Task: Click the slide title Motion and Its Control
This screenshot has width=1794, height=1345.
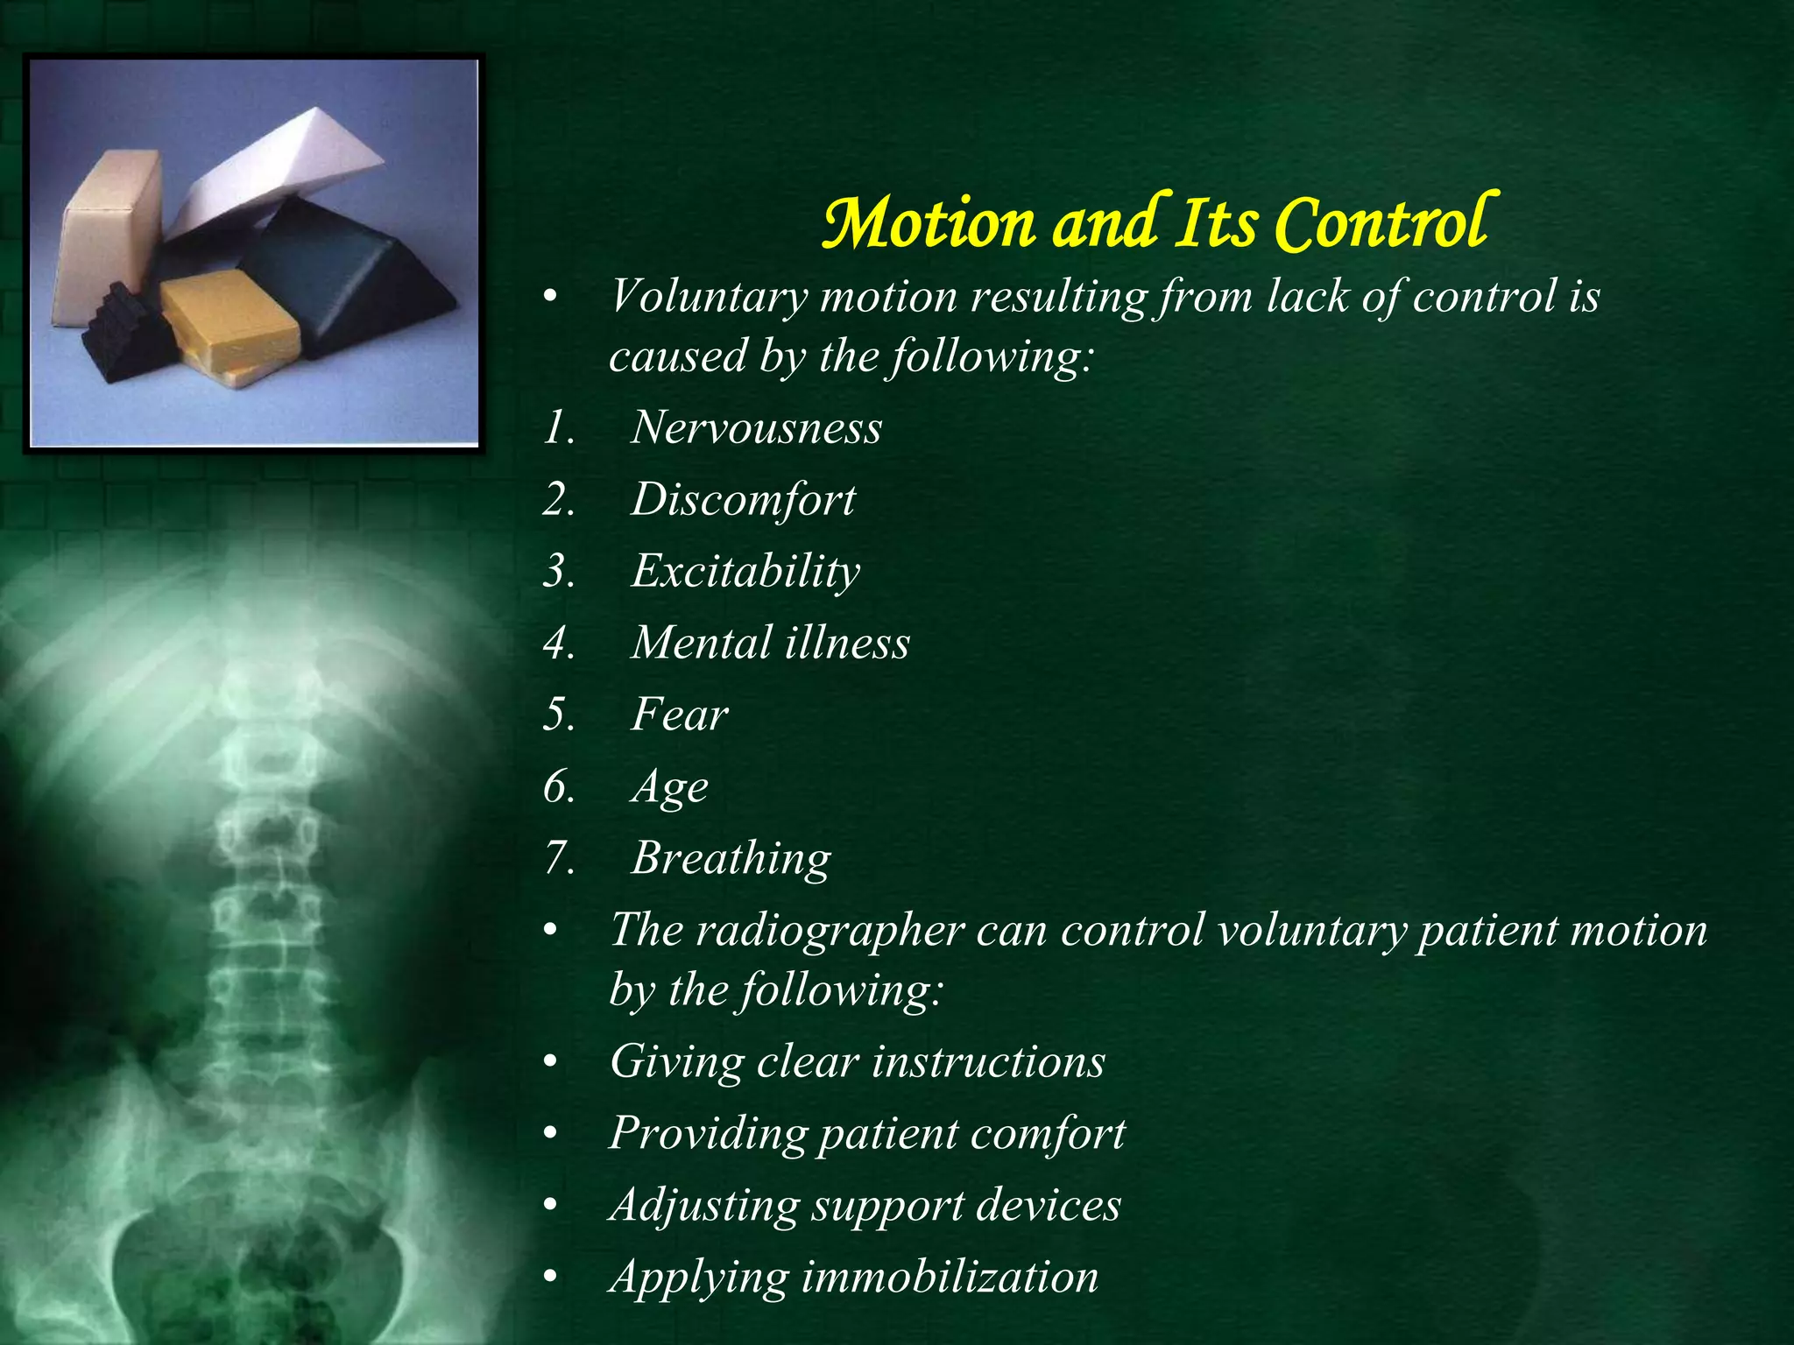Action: (1155, 223)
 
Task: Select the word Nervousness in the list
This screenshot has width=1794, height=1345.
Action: (756, 428)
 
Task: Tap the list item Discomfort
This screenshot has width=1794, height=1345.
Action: (743, 500)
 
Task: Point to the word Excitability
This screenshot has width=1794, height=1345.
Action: (745, 572)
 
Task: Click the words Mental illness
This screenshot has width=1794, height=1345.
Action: (770, 643)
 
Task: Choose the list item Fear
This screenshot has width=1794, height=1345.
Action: (679, 715)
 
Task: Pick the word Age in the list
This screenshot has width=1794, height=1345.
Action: (669, 787)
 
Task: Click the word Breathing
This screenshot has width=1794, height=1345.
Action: (731, 858)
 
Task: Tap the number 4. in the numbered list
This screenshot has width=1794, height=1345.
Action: (559, 644)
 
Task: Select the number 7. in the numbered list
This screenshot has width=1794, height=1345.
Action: (559, 859)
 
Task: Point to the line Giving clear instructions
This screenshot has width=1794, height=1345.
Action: (858, 1062)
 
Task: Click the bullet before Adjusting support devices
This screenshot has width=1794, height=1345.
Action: (550, 1207)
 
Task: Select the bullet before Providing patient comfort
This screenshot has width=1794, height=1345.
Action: (550, 1135)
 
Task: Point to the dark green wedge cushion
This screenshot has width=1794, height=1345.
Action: (350, 271)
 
